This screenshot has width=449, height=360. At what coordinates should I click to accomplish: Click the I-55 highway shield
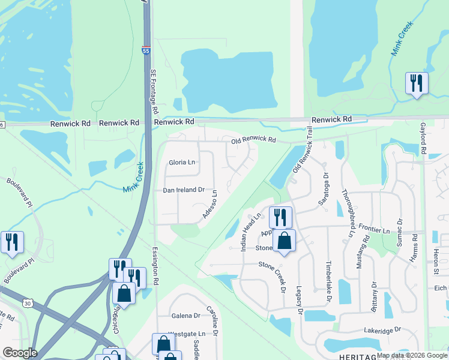pos(146,51)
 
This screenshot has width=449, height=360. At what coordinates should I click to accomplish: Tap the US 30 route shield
pos(28,304)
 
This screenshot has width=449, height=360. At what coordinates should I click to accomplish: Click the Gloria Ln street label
pos(182,163)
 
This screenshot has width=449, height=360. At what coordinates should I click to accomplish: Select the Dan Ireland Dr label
pos(184,190)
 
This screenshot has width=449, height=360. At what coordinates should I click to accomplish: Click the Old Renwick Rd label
pos(253,140)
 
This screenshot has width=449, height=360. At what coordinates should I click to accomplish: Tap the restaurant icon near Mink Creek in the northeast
pos(416,82)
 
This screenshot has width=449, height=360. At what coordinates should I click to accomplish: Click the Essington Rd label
pos(155,265)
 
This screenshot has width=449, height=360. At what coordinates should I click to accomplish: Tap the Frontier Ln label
pos(375,230)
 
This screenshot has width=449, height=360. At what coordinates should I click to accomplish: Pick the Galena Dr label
pos(185,316)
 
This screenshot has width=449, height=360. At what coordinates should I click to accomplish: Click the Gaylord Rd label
pos(423,139)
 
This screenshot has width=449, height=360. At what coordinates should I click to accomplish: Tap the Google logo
pos(19,353)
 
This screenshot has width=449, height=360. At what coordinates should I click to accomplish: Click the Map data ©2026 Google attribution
pos(412,355)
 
